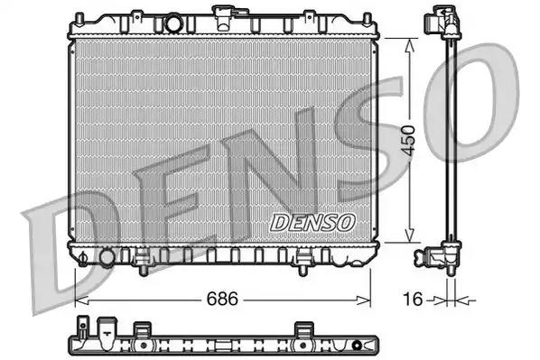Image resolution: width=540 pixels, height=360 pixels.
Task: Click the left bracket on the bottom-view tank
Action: point(141,330)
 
